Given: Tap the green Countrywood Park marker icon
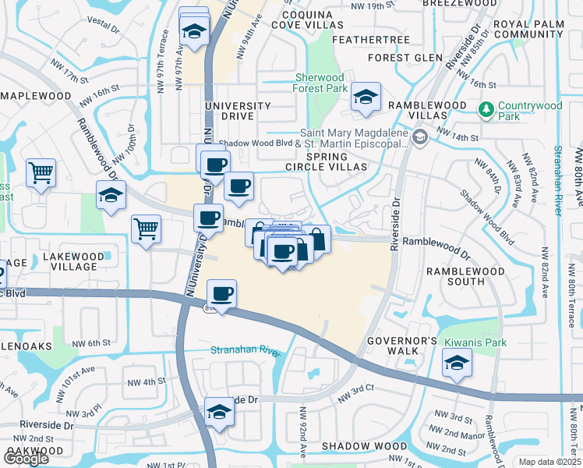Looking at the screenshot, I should [x=487, y=107].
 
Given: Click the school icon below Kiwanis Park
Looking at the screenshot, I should [x=457, y=363].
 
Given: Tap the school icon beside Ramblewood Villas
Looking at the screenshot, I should [x=365, y=97].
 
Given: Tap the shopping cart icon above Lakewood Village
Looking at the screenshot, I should [x=145, y=229].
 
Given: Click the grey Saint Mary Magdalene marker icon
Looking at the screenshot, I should [x=421, y=138].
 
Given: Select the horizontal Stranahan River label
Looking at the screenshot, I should [x=245, y=351].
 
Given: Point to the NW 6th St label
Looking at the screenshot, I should [x=92, y=343].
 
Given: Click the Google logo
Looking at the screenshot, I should [x=26, y=459].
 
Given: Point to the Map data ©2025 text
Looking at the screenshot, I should [x=549, y=462].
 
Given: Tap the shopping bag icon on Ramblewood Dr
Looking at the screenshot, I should [x=317, y=238].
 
